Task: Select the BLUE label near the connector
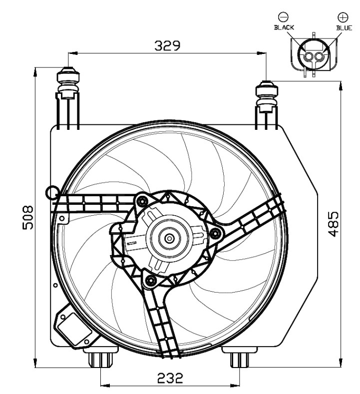[344, 28]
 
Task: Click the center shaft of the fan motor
[170, 238]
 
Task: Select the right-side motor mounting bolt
[215, 234]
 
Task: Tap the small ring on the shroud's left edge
[51, 191]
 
